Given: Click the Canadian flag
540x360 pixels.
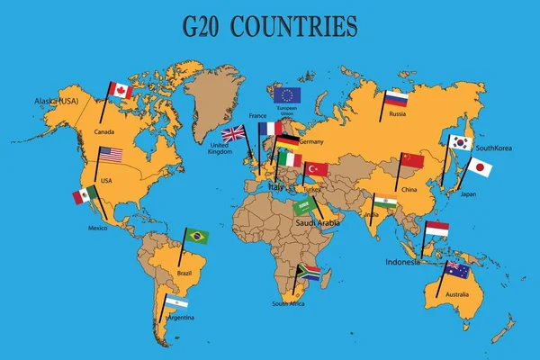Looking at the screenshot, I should (x=120, y=91).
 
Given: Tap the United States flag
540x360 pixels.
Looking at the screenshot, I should (x=110, y=155).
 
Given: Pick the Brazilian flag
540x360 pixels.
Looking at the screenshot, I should (x=196, y=236).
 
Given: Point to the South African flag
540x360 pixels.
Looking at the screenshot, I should (x=309, y=273).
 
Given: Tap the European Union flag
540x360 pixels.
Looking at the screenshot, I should (x=287, y=94).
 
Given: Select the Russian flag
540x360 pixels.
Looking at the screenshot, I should (x=396, y=99).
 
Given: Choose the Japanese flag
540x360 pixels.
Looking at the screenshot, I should (x=481, y=167).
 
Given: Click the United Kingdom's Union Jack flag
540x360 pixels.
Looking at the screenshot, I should (x=233, y=134).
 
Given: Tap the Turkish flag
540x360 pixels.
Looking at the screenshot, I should (x=316, y=169).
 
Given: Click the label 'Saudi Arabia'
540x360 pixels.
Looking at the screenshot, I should (x=317, y=222).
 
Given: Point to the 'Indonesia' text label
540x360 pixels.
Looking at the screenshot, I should (x=402, y=262).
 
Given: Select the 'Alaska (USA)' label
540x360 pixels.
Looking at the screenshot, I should (x=57, y=102).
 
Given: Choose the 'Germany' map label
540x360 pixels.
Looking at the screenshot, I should (x=310, y=142).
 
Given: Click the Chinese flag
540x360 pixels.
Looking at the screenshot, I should (x=410, y=159).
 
